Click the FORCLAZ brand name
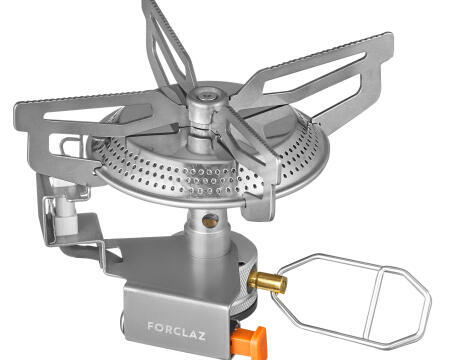click(x=177, y=331)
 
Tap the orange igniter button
click(x=250, y=343)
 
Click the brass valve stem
click(x=267, y=282)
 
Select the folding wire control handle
click(x=352, y=301)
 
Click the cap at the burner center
click(x=207, y=97)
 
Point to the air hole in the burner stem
click(x=210, y=220)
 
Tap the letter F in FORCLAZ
click(x=151, y=326)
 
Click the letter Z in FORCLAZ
click(x=201, y=335)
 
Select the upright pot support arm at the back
click(x=168, y=43)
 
